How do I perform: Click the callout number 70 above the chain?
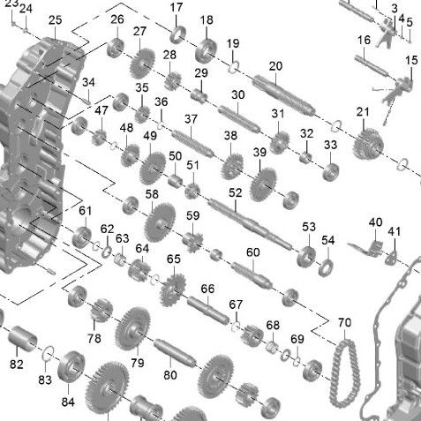pyautogui.click(x=344, y=322)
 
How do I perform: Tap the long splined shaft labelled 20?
pyautogui.click(x=284, y=95)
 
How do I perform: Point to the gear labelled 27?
pyautogui.click(x=142, y=64)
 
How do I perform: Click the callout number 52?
pyautogui.click(x=235, y=192)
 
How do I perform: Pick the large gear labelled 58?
pyautogui.click(x=160, y=222)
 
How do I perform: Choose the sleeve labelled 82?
pyautogui.click(x=22, y=339)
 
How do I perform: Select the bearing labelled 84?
pyautogui.click(x=71, y=367)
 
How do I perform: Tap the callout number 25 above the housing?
pyautogui.click(x=56, y=20)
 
